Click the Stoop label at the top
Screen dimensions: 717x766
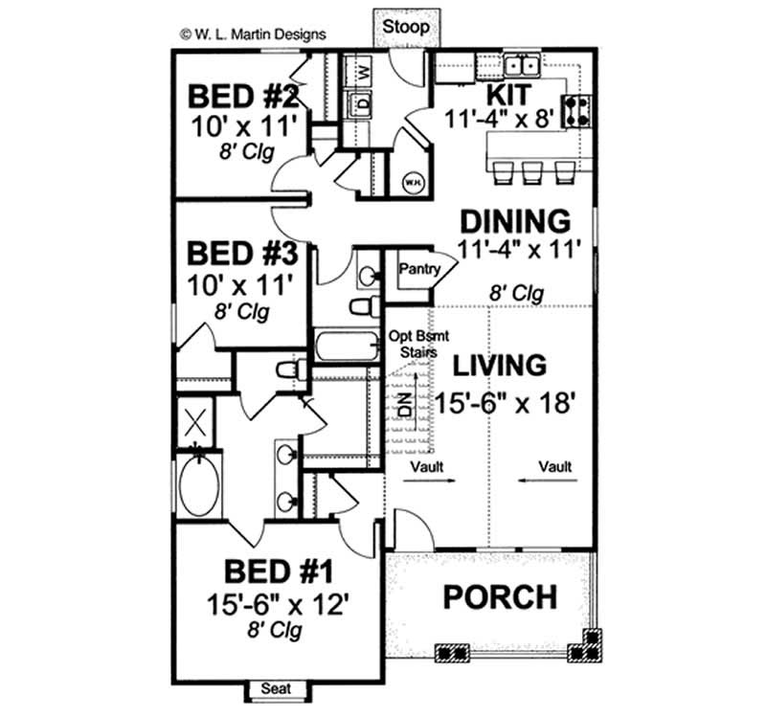pyautogui.click(x=406, y=26)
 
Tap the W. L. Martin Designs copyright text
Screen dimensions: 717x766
pyautogui.click(x=253, y=34)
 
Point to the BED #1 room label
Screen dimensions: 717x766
pyautogui.click(x=279, y=573)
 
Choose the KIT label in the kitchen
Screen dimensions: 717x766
pyautogui.click(x=510, y=94)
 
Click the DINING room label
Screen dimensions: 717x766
pyautogui.click(x=515, y=221)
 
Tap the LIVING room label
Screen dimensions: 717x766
pyautogui.click(x=500, y=366)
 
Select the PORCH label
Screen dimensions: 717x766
pyautogui.click(x=499, y=597)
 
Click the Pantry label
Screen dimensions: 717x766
pyautogui.click(x=419, y=270)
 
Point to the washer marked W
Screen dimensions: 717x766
pyautogui.click(x=363, y=72)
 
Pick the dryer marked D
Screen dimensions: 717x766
pyautogui.click(x=363, y=102)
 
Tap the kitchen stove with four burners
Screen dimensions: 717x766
pyautogui.click(x=578, y=111)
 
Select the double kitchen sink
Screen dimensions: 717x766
pyautogui.click(x=523, y=66)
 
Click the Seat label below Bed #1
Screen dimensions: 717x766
pyautogui.click(x=277, y=689)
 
